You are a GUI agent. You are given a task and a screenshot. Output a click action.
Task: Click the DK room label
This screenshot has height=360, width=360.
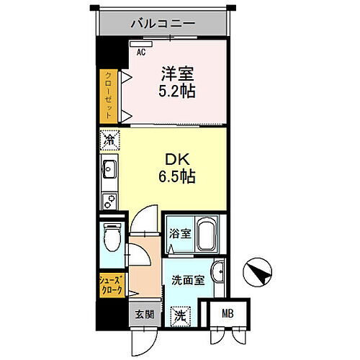[179, 158]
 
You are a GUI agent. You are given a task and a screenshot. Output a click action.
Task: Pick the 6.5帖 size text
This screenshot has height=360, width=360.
[179, 175]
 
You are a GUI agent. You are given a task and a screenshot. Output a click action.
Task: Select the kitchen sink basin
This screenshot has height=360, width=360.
[111, 172]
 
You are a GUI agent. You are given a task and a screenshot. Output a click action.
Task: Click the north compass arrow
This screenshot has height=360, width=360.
[257, 272]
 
